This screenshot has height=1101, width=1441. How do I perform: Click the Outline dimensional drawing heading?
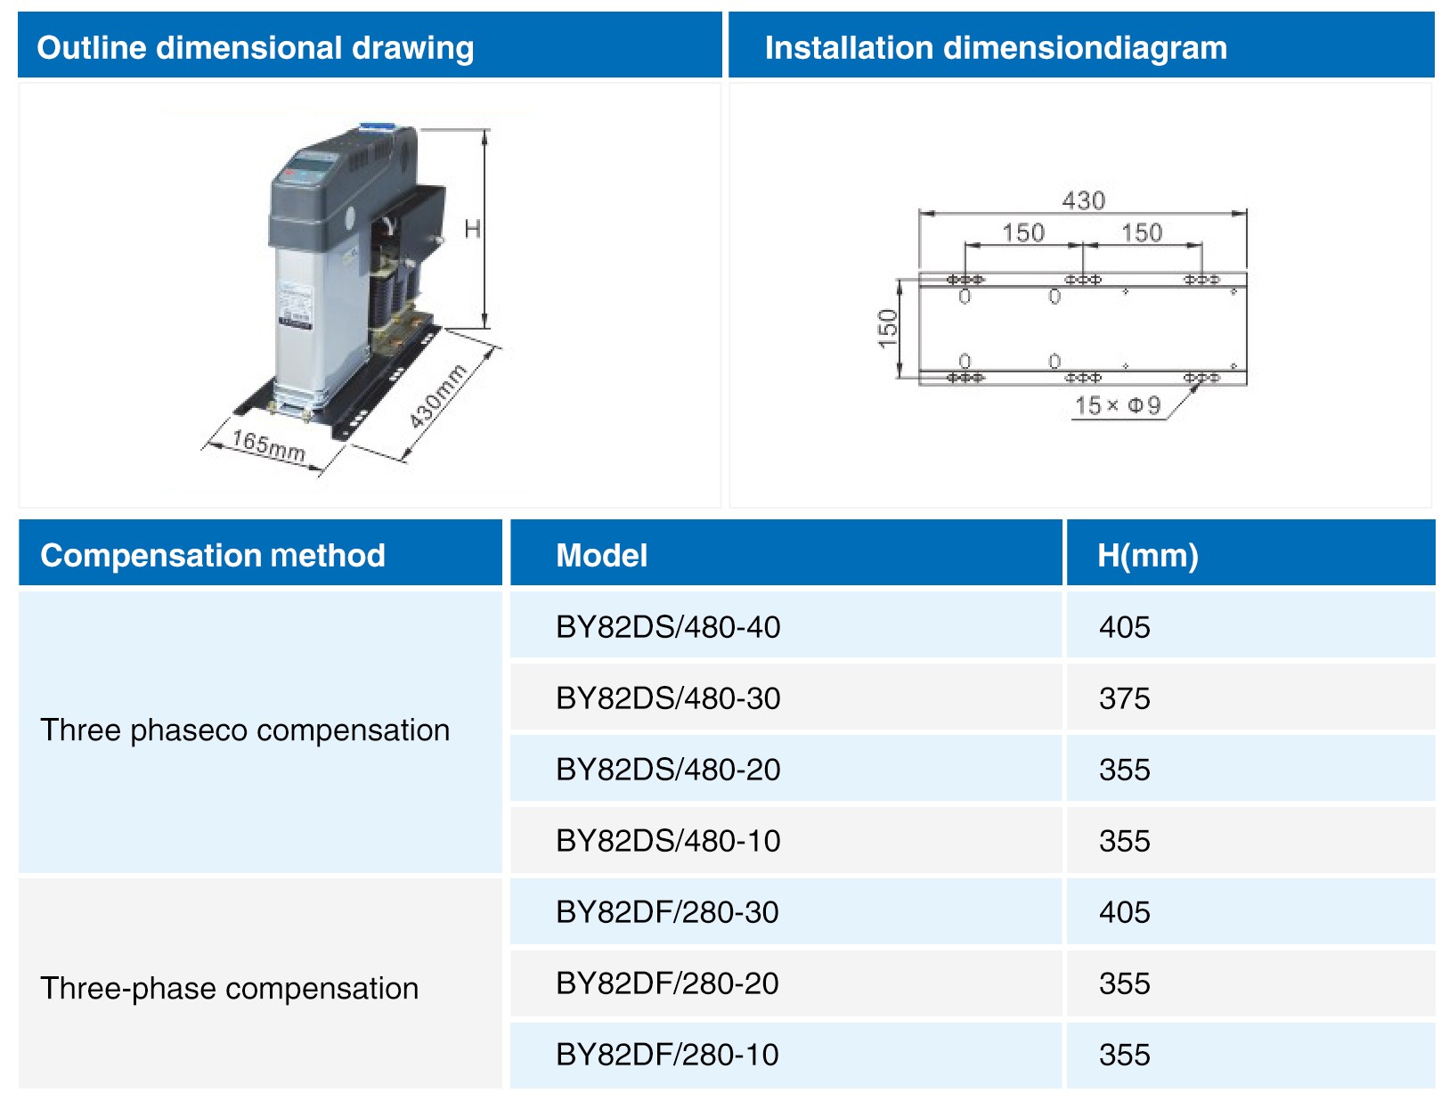[x=255, y=48]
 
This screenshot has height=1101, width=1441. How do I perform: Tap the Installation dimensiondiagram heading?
[x=995, y=48]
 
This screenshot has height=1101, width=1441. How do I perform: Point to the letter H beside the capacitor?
[x=472, y=229]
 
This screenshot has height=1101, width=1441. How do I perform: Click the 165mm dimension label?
[x=268, y=445]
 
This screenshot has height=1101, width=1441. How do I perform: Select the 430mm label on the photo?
[x=438, y=396]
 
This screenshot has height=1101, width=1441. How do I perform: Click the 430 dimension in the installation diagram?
[x=1083, y=200]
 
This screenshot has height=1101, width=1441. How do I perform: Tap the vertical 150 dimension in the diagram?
[x=888, y=329]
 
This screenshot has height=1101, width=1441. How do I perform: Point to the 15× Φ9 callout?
[x=1118, y=405]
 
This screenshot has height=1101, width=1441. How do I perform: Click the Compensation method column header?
[x=213, y=556]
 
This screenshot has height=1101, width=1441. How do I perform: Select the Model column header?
[x=601, y=556]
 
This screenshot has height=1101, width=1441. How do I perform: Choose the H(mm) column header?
[x=1148, y=556]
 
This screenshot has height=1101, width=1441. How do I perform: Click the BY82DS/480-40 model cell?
[x=668, y=627]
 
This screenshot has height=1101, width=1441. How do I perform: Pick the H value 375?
[x=1125, y=697]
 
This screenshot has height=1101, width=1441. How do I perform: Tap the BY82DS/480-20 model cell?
[x=668, y=770]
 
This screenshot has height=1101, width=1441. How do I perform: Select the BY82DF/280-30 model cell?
[x=667, y=912]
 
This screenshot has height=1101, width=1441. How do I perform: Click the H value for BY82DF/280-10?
[x=1125, y=1055]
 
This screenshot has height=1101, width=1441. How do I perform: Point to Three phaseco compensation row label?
[x=245, y=730]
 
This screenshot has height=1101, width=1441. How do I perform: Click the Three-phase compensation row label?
[x=229, y=989]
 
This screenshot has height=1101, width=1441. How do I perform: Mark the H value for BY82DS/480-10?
[x=1125, y=840]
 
